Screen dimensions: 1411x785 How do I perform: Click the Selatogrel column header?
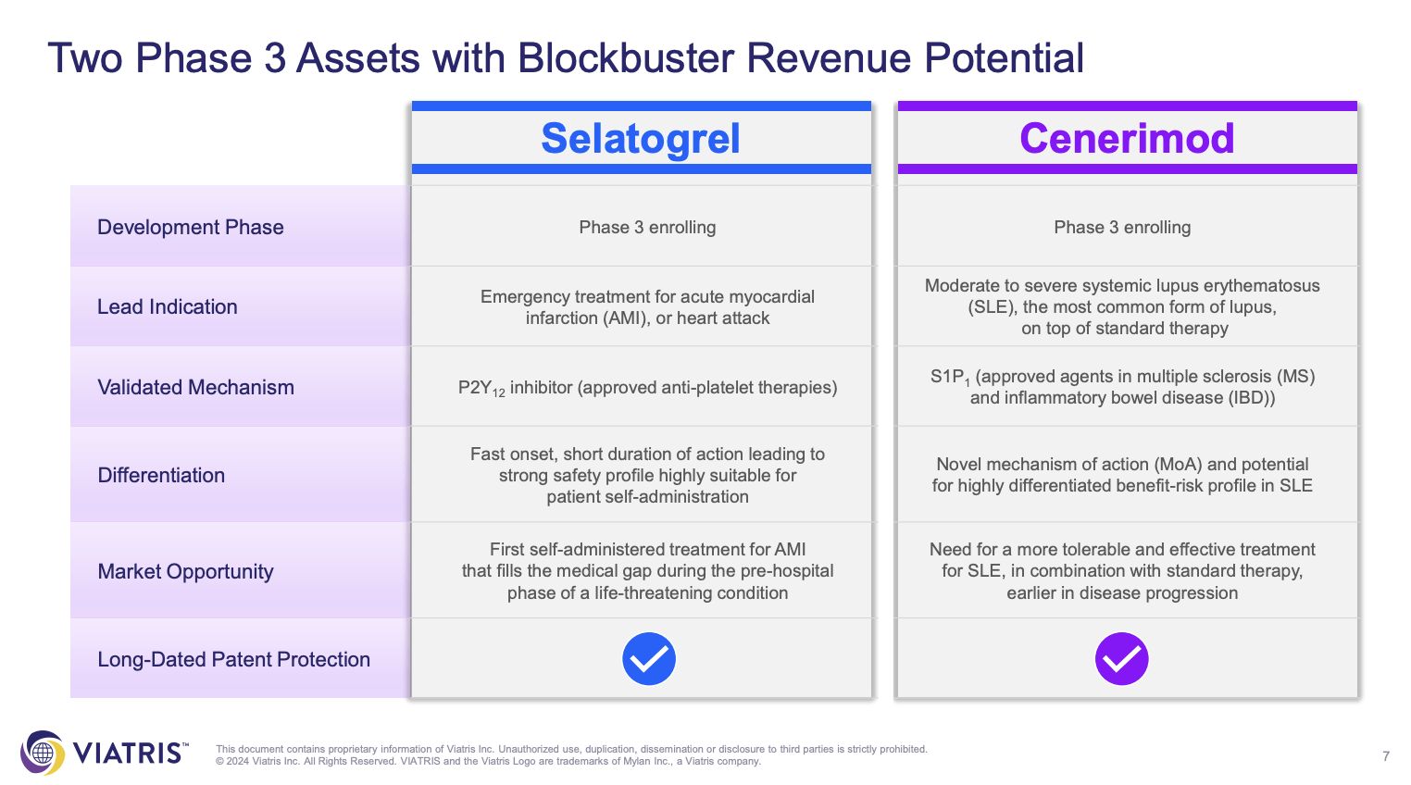(641, 139)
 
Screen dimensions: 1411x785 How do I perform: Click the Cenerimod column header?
(1127, 139)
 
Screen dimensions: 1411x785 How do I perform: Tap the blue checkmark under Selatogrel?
(649, 658)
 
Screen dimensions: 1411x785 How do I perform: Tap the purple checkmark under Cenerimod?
(1122, 658)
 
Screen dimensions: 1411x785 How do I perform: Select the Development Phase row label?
(190, 227)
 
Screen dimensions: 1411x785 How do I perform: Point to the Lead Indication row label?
(167, 306)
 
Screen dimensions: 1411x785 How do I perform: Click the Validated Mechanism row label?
(195, 387)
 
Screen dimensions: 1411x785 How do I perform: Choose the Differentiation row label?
(160, 475)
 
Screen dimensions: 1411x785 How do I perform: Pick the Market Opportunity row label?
(185, 571)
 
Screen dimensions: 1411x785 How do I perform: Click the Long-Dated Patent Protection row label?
(233, 659)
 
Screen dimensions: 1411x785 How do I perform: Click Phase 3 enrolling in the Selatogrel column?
(647, 227)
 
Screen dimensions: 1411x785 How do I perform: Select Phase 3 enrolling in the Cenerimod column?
(1122, 227)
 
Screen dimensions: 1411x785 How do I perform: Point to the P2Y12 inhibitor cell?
(647, 388)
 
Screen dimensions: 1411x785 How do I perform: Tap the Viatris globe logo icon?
(43, 753)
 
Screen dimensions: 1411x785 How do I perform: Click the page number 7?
(1386, 756)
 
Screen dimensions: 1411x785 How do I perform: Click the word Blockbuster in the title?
(626, 58)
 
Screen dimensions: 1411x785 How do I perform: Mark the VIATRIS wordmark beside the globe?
(131, 753)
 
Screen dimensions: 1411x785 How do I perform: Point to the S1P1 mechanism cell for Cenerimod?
(1122, 387)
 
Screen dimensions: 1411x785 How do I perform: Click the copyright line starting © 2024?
(488, 761)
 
